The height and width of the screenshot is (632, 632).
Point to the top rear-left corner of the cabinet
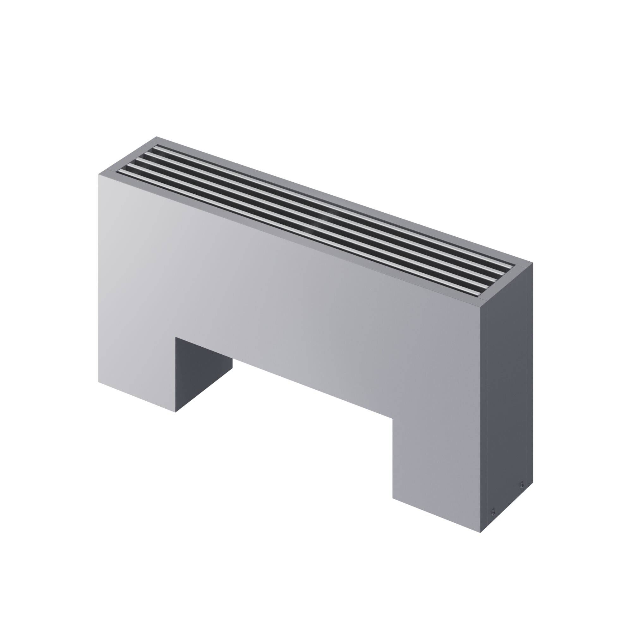tap(156, 137)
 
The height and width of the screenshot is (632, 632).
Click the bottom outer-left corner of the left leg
tap(99, 381)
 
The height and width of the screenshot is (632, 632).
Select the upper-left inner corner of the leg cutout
tap(176, 337)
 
